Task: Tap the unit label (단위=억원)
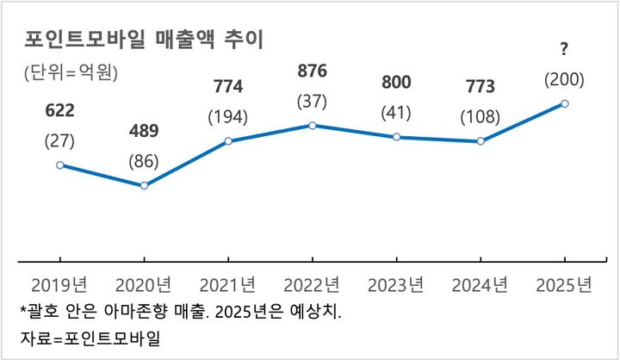coord(71,73)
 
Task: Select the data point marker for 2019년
coord(59,164)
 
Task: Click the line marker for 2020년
coord(144,185)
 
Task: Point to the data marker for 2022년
coord(312,125)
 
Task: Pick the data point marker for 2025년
coord(565,103)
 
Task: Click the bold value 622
coord(59,111)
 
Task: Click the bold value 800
coord(396,83)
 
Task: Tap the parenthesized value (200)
coord(565,80)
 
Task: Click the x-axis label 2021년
coord(227,284)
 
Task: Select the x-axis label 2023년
coord(396,284)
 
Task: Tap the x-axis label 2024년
coord(480,284)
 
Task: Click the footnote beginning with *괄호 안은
coord(180,310)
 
